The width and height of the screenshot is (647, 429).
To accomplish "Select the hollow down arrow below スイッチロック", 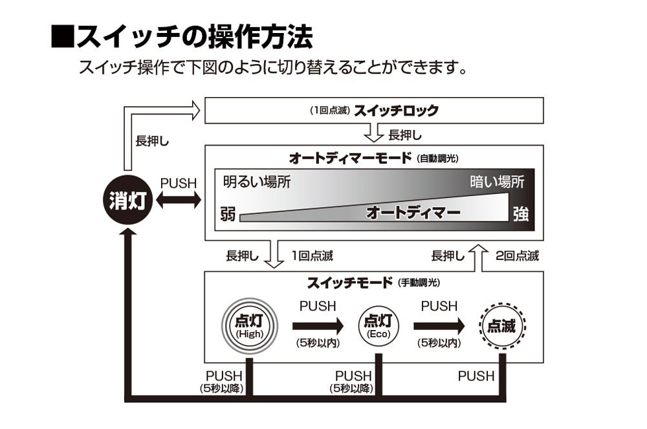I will (x=374, y=134).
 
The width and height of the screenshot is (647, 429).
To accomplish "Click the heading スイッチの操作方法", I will (x=183, y=38).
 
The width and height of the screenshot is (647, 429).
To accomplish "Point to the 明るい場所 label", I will (x=256, y=182).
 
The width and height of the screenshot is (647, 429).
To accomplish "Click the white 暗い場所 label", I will (x=496, y=182).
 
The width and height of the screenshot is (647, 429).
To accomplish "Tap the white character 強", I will (x=520, y=214).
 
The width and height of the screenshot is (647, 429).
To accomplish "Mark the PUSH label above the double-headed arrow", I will (x=178, y=183).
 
